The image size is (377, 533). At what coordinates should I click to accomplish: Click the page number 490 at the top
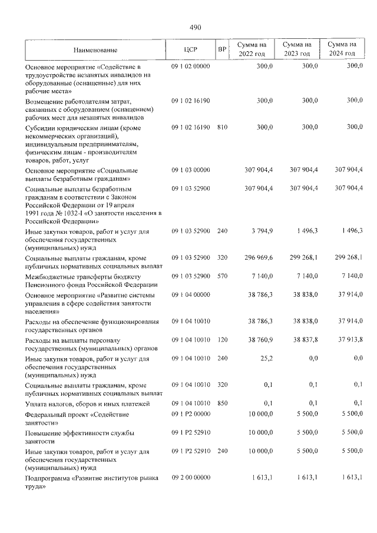(196, 27)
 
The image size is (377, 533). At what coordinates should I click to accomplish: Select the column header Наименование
(95, 49)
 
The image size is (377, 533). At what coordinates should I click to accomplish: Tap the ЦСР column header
(190, 49)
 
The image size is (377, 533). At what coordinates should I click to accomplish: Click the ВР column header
(221, 49)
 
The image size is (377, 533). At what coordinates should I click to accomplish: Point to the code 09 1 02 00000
(190, 67)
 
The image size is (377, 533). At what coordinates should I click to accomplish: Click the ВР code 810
(221, 127)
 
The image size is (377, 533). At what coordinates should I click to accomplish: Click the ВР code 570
(221, 276)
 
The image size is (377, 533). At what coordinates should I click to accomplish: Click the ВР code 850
(221, 403)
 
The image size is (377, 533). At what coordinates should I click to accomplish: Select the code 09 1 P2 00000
(190, 415)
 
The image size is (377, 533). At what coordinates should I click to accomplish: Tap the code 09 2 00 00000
(190, 478)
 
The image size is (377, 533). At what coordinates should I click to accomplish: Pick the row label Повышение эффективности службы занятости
(80, 437)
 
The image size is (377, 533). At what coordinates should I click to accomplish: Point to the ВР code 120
(221, 340)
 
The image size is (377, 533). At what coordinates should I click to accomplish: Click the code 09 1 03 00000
(190, 170)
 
